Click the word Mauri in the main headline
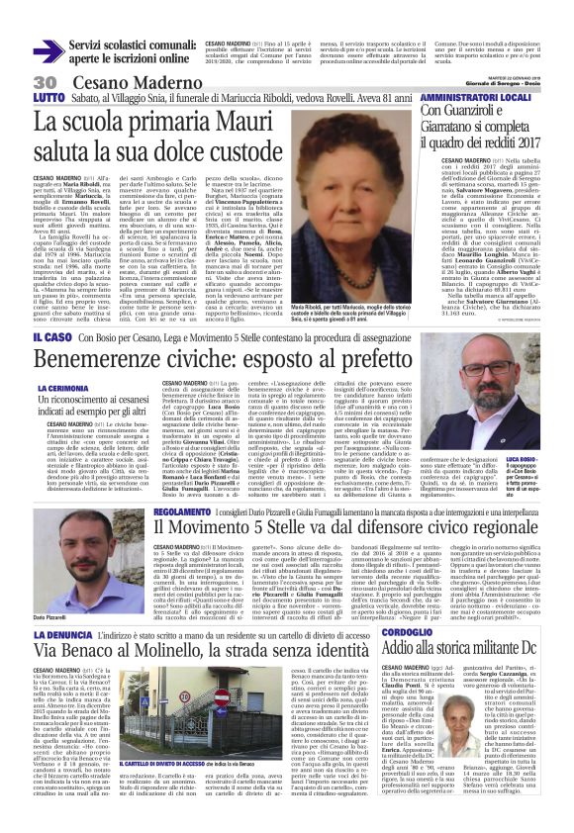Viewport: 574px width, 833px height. pos(246,123)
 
